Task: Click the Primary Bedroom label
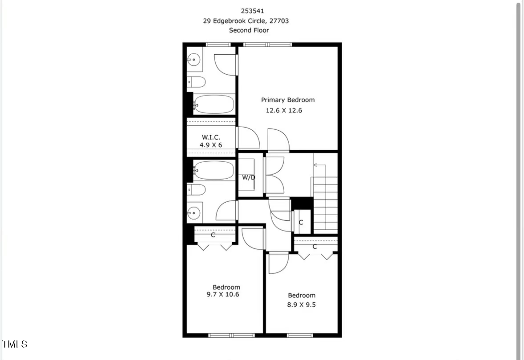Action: pyautogui.click(x=287, y=100)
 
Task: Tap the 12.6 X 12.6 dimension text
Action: pyautogui.click(x=284, y=110)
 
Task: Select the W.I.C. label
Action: pyautogui.click(x=211, y=137)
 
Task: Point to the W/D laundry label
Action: pyautogui.click(x=249, y=177)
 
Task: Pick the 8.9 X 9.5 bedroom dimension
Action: pyautogui.click(x=301, y=304)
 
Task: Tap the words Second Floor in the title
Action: pyautogui.click(x=249, y=30)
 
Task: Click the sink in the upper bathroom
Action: pyautogui.click(x=194, y=59)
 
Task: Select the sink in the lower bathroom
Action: pyautogui.click(x=194, y=213)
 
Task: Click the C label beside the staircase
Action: pyautogui.click(x=301, y=222)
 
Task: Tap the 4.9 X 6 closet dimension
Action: pyautogui.click(x=210, y=145)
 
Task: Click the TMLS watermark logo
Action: pyautogui.click(x=14, y=344)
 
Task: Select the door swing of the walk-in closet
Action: pyautogui.click(x=248, y=138)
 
